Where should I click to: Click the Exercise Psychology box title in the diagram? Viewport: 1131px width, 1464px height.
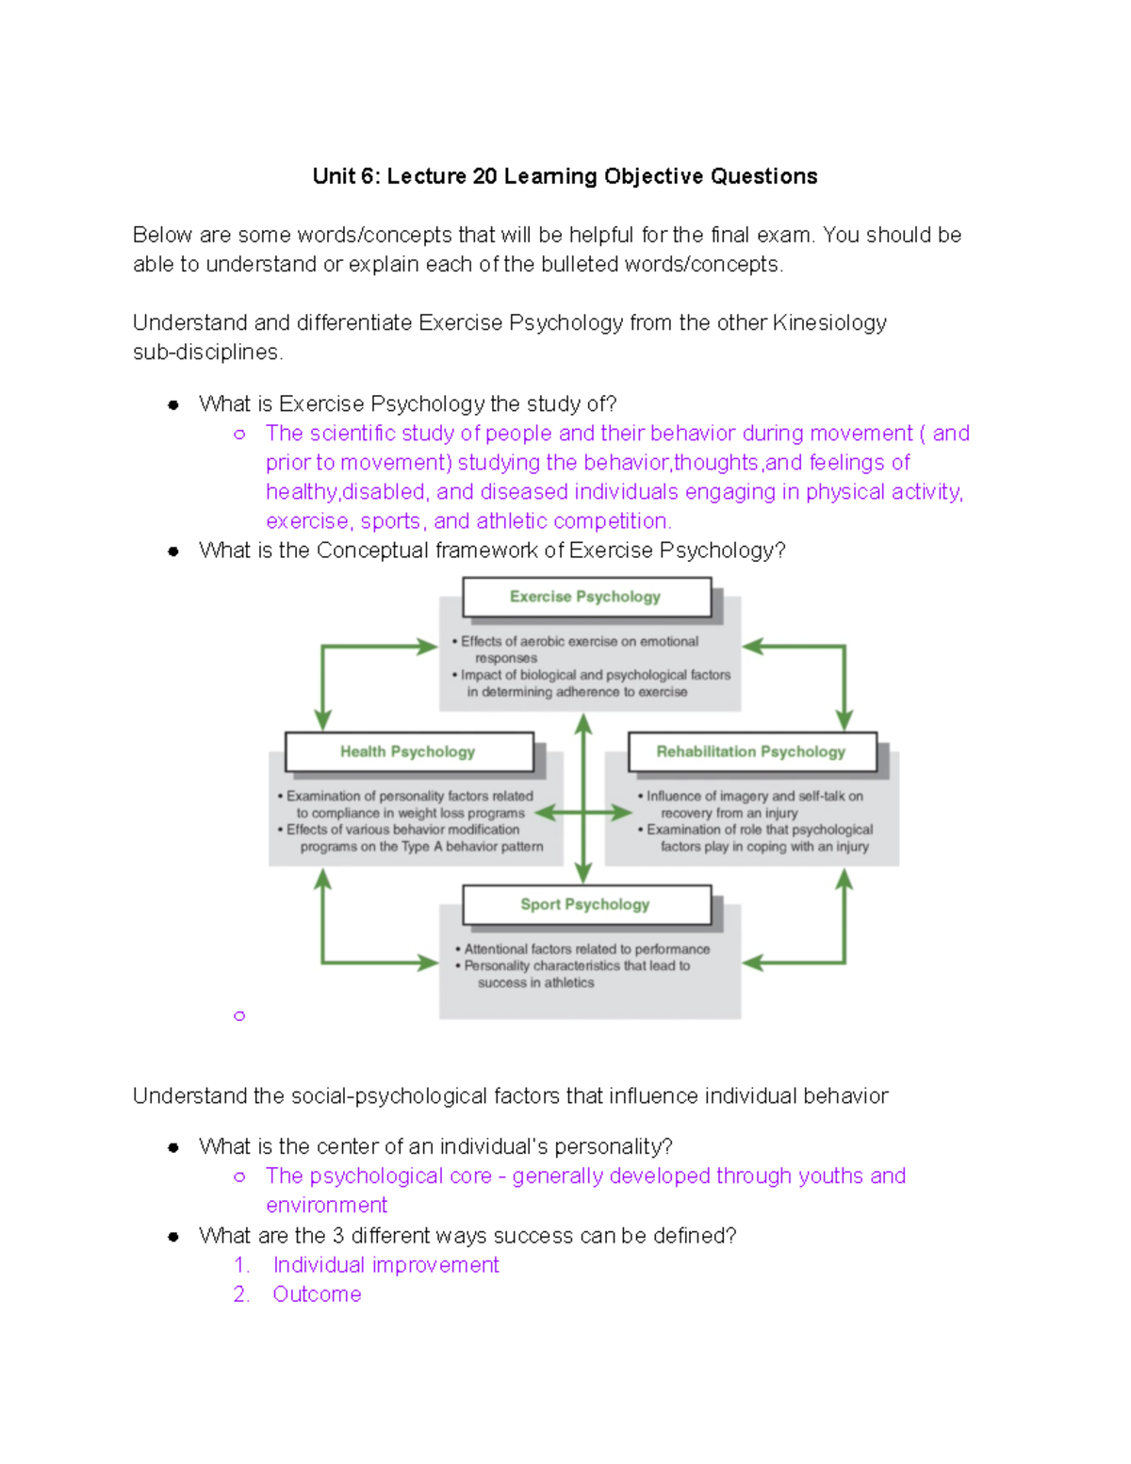pos(584,597)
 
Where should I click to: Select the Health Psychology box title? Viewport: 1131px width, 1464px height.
pos(407,751)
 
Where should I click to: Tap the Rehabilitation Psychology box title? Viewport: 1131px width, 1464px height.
pos(750,751)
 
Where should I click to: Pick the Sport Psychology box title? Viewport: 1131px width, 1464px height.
pos(584,904)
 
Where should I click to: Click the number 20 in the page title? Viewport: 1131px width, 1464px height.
pos(484,176)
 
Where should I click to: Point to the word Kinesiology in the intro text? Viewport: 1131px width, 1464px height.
pos(828,322)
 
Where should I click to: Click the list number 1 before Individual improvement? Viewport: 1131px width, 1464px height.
pos(241,1265)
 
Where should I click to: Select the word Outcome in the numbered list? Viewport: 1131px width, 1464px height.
pos(317,1294)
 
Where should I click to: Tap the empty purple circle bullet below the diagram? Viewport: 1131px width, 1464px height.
pos(239,1015)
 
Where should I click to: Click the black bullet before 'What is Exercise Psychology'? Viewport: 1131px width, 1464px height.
pos(173,404)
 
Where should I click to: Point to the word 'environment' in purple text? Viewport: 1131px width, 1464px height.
pos(326,1206)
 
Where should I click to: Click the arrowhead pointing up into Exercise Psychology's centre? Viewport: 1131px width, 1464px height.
pos(583,723)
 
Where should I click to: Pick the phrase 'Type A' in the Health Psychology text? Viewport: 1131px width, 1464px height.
pos(422,847)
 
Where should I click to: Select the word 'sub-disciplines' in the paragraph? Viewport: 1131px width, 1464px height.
pos(206,353)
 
